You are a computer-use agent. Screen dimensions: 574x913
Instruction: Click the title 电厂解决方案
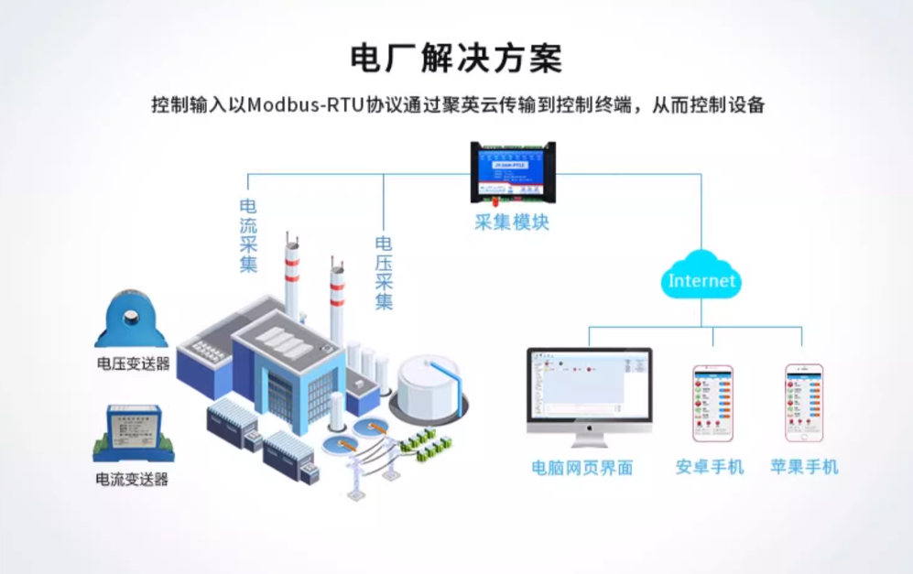tap(456, 57)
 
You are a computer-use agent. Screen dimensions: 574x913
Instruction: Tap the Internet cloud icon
tap(701, 278)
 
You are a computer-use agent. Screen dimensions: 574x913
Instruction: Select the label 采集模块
tap(511, 222)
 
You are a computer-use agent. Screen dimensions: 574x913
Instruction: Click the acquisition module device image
tap(512, 171)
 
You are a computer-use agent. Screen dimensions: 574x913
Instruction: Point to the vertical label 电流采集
tap(248, 235)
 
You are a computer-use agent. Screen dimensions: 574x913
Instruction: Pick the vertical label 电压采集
tap(384, 272)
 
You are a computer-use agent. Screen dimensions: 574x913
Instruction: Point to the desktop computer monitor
tap(589, 388)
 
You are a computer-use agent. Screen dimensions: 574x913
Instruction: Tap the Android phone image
tap(712, 403)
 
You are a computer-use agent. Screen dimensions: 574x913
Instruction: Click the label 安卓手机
tap(710, 467)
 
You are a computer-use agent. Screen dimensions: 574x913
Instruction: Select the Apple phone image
tap(803, 403)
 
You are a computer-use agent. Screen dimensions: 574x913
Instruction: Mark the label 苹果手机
tap(804, 467)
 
